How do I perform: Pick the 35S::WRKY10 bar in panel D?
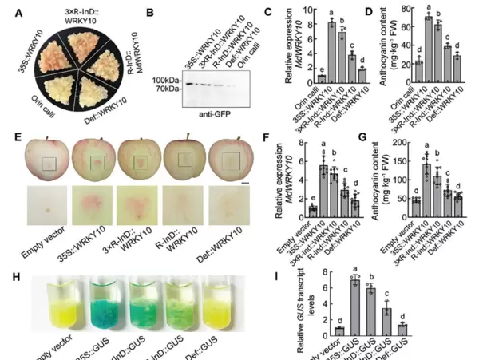tap(429, 49)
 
